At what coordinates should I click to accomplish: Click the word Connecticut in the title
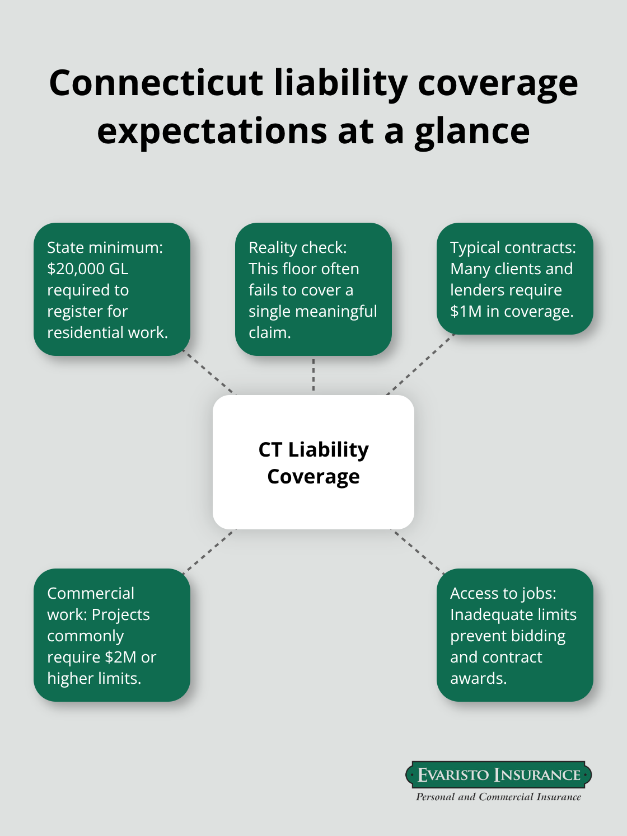[x=157, y=83]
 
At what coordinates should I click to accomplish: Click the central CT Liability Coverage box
[x=313, y=462]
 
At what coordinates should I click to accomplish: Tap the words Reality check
[x=297, y=247]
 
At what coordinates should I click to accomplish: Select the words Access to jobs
[x=503, y=593]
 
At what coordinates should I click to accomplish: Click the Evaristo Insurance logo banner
[x=498, y=775]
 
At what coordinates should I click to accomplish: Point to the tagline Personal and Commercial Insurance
[x=498, y=797]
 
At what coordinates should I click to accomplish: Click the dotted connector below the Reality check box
[x=313, y=375]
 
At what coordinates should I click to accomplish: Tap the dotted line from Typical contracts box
[x=420, y=365]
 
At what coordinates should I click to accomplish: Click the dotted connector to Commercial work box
[x=209, y=552]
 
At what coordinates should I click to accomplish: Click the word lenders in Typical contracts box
[x=478, y=290]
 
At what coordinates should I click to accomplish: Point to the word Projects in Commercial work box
[x=121, y=614]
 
